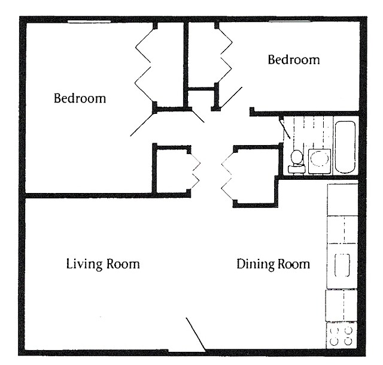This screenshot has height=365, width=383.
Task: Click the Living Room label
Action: [102, 264]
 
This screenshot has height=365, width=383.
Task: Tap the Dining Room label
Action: [273, 264]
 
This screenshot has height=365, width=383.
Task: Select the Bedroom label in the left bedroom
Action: [80, 98]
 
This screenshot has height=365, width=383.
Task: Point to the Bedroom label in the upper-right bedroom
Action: [293, 60]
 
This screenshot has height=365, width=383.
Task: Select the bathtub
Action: [345, 147]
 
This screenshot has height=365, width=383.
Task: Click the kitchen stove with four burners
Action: [342, 336]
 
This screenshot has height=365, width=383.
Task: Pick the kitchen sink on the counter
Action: [342, 266]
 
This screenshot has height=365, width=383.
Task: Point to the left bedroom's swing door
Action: [144, 123]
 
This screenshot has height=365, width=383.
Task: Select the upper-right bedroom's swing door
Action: [230, 99]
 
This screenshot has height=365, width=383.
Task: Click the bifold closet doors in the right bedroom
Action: [224, 54]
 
